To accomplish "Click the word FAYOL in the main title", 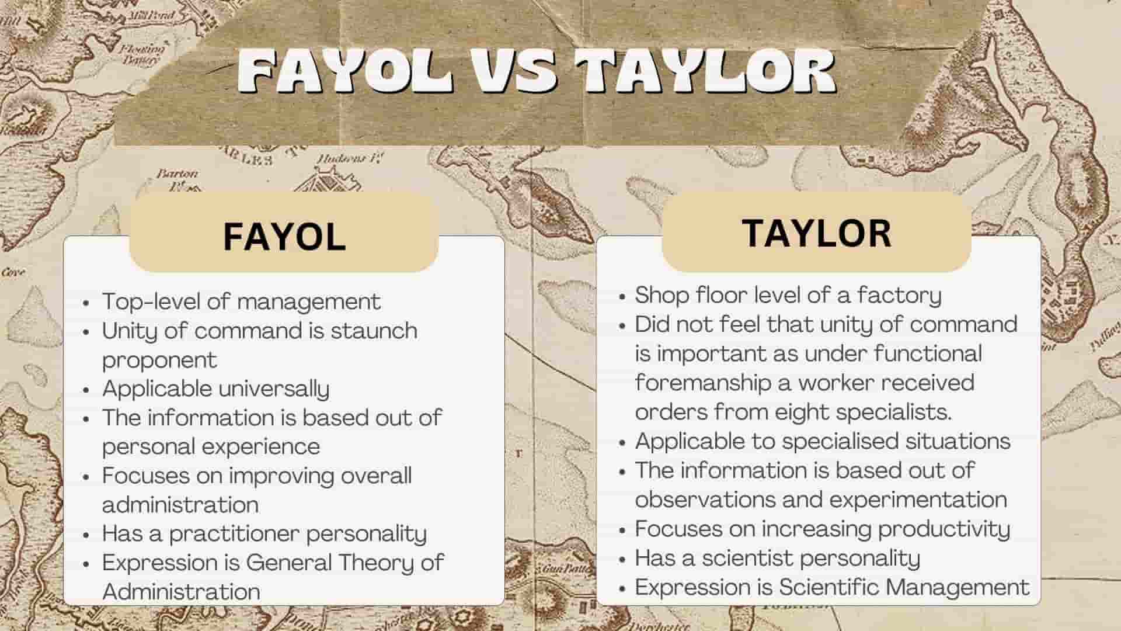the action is tap(346, 71).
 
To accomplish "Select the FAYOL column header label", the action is tap(284, 237).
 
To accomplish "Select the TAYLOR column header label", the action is tap(817, 233).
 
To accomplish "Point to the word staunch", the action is tap(374, 331).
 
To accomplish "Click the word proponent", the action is tap(159, 360).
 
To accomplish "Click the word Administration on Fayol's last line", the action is tap(181, 592).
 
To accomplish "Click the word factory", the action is tap(899, 296).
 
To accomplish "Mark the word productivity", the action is tap(944, 529).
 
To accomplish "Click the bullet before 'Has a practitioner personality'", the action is tap(86, 535).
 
